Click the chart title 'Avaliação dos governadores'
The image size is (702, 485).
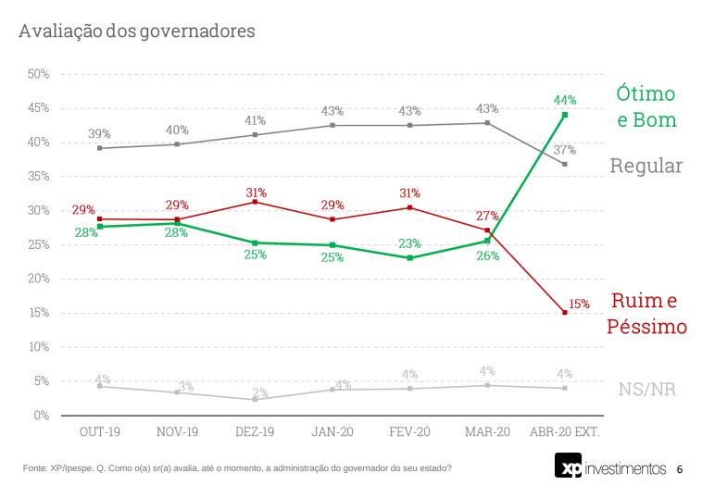[x=136, y=31]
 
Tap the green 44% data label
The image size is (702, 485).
[x=565, y=100]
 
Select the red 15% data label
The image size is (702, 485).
[x=579, y=304]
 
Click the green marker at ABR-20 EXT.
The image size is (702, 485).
[x=565, y=115]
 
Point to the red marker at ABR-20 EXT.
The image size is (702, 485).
[x=565, y=313]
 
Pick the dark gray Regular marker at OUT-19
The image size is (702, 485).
[x=99, y=148]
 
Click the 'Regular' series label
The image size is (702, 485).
[x=646, y=166]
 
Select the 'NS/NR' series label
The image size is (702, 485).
[x=646, y=389]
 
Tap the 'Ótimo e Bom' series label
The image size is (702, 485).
[x=646, y=106]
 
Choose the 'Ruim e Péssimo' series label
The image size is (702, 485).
[x=646, y=313]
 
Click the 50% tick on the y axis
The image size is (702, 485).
[x=38, y=74]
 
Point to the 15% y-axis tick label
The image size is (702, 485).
[x=38, y=313]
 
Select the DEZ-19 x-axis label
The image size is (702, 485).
[x=255, y=432]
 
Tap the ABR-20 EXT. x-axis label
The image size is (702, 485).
[x=565, y=432]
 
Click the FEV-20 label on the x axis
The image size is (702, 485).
[x=409, y=432]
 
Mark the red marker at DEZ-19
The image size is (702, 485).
[x=255, y=202]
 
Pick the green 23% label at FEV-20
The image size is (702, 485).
[x=409, y=243]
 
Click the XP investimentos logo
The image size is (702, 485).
[x=610, y=466]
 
